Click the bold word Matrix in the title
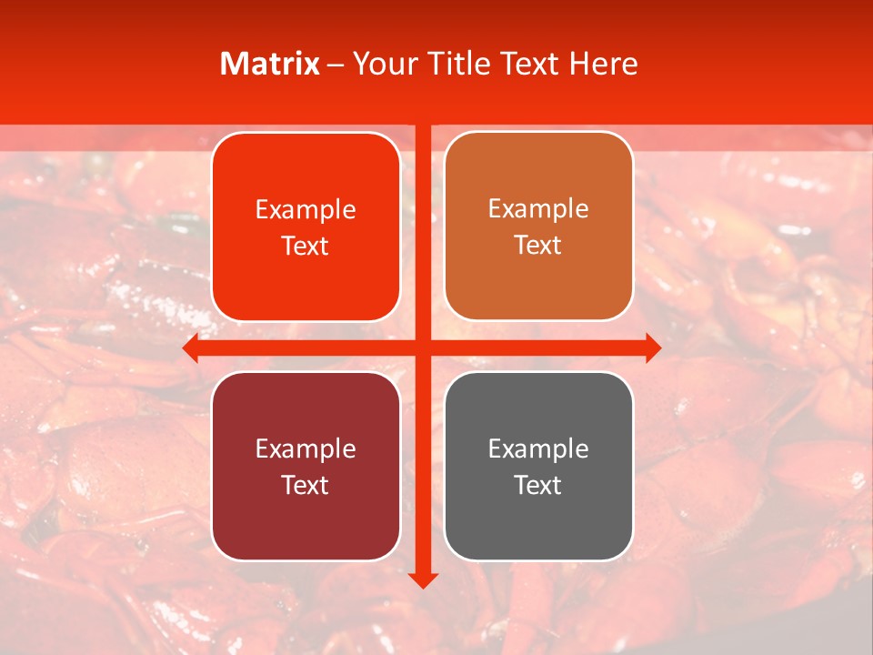click(270, 64)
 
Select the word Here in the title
click(603, 64)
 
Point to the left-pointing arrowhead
click(190, 348)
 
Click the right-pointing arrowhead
click(653, 348)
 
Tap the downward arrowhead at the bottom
click(423, 580)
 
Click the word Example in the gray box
click(538, 448)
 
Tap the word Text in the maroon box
click(306, 485)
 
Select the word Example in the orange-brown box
click(538, 209)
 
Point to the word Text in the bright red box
click(306, 247)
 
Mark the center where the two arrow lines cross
click(423, 348)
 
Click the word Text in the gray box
click(538, 485)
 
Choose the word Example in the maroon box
click(306, 448)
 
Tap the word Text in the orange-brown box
click(538, 246)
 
